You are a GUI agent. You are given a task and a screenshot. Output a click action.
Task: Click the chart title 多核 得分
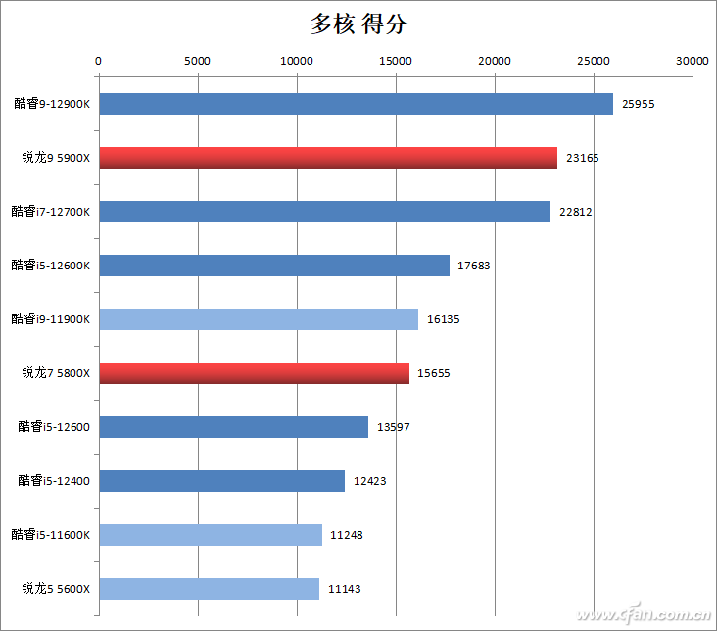click(359, 24)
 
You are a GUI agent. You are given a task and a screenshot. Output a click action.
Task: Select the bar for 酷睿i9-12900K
click(356, 104)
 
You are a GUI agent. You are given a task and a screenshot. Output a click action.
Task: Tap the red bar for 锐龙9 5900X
click(328, 158)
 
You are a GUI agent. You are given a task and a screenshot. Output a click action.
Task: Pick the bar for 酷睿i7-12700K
click(324, 212)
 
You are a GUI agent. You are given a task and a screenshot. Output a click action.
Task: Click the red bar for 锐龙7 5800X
click(254, 373)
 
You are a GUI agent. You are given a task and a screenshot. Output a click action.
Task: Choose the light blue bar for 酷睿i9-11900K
click(259, 319)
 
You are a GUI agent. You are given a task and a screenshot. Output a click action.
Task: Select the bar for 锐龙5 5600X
click(209, 589)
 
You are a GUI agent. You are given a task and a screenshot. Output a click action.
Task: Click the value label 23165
click(583, 158)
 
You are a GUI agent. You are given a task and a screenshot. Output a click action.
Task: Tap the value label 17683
click(474, 266)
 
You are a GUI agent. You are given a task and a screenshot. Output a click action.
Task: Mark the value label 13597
click(393, 427)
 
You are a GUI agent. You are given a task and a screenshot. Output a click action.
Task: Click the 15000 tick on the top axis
click(396, 61)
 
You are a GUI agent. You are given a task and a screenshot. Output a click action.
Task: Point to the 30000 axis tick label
click(693, 61)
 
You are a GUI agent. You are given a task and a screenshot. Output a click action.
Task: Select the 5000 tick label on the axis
click(198, 61)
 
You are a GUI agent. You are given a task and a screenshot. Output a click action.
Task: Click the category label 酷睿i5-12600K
click(51, 265)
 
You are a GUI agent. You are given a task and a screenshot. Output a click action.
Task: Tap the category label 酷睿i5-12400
click(54, 480)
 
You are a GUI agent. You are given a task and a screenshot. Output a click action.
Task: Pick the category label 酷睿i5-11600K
click(51, 534)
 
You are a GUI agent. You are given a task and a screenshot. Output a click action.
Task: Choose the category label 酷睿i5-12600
click(54, 426)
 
